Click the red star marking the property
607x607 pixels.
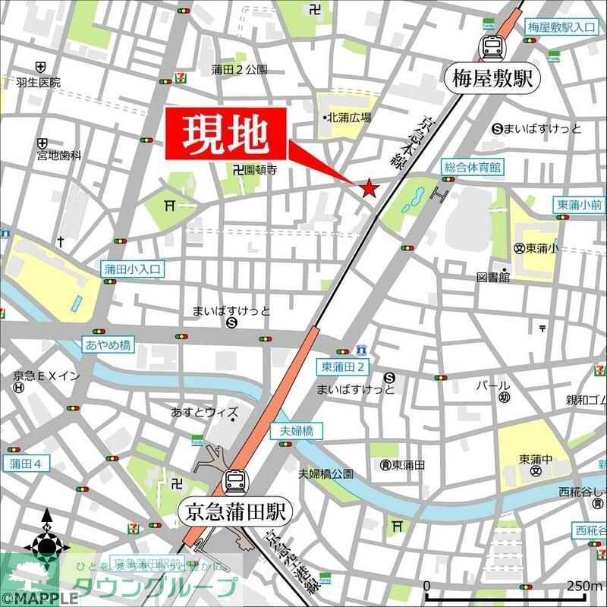click(370, 188)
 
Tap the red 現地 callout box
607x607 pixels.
click(227, 135)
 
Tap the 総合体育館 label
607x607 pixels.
click(473, 166)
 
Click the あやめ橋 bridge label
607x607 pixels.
click(108, 345)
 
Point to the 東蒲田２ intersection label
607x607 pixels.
click(344, 367)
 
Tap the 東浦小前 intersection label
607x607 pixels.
click(580, 204)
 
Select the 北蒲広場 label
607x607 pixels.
click(349, 118)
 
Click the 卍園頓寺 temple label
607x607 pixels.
click(255, 171)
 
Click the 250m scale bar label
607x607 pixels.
click(585, 585)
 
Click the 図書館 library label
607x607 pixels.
click(493, 278)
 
